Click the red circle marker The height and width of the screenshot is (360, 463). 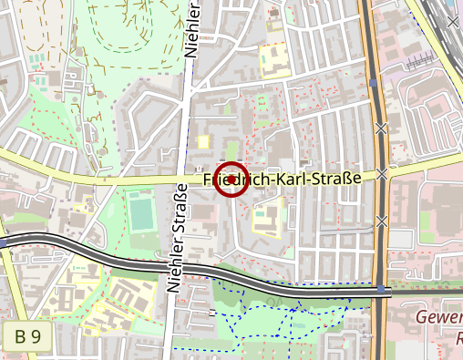231,179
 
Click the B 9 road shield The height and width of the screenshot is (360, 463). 26,336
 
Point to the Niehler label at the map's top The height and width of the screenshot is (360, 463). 191,30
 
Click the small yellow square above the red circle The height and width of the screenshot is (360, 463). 203,141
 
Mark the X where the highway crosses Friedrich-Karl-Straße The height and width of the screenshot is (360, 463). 383,173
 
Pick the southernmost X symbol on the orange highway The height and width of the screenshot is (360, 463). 382,221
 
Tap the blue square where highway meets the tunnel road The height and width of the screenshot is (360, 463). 380,289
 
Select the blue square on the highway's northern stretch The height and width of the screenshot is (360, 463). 374,83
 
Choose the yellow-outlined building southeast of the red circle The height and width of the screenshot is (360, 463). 265,219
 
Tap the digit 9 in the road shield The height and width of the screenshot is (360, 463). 36,336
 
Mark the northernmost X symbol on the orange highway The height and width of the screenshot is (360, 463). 382,128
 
